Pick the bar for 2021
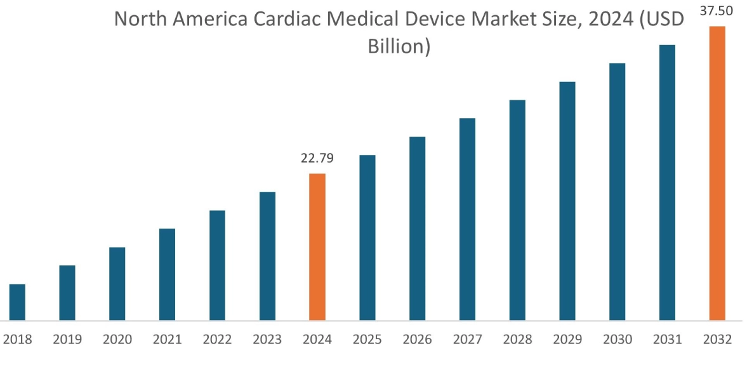[x=167, y=274]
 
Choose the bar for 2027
[x=467, y=219]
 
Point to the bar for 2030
[x=617, y=191]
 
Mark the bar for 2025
[x=367, y=237]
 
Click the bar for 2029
[x=567, y=201]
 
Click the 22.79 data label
[x=317, y=158]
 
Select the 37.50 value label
[x=717, y=11]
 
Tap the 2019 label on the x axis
[x=67, y=340]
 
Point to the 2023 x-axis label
[x=267, y=340]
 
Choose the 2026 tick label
[x=417, y=340]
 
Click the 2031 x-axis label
[x=667, y=340]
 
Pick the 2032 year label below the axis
[x=717, y=340]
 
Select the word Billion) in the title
[x=399, y=46]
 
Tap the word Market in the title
[x=512, y=19]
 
